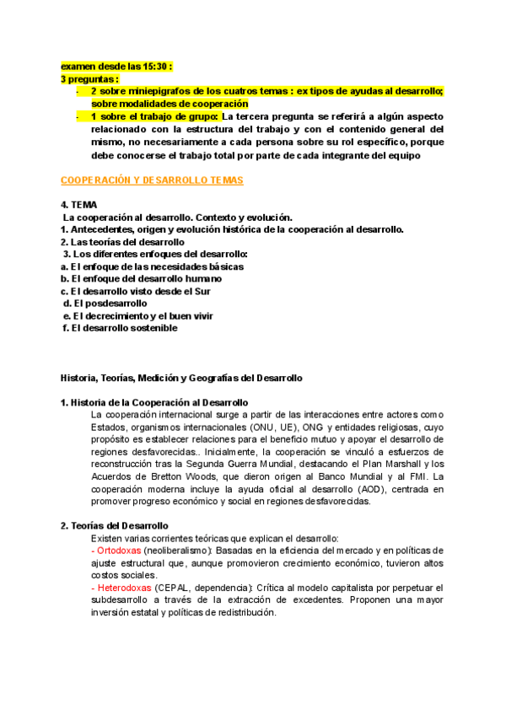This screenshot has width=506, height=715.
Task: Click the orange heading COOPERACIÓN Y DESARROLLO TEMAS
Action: (x=152, y=180)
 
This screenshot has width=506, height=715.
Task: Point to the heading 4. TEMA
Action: (x=79, y=205)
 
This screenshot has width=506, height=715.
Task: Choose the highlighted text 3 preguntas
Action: (x=83, y=78)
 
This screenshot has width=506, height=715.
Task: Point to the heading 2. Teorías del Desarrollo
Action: (x=115, y=525)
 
